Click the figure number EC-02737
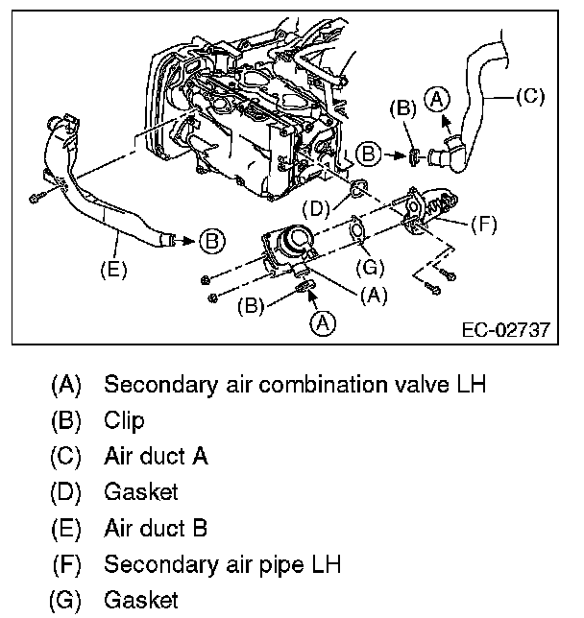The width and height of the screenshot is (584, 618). tap(505, 329)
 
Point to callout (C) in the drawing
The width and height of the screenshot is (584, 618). tap(530, 96)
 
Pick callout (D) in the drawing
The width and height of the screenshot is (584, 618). tap(317, 207)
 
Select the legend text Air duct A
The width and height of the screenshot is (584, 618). tap(156, 456)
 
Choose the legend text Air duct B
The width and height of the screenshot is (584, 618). tap(156, 529)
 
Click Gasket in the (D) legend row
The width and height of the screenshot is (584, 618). tap(141, 492)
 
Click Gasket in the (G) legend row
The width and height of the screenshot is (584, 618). tap(141, 601)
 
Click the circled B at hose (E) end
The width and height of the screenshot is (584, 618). tap(211, 239)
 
